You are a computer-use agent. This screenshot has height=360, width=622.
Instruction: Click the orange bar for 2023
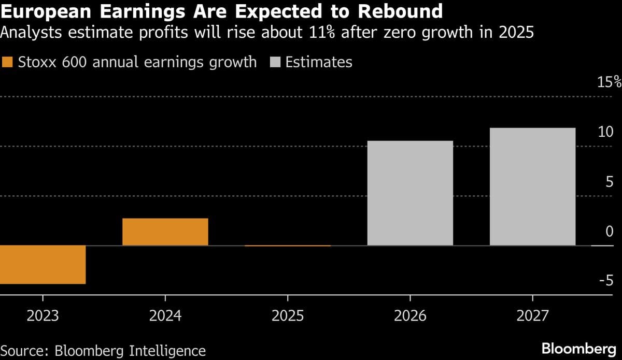[43, 264]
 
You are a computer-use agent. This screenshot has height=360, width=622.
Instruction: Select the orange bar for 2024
[165, 232]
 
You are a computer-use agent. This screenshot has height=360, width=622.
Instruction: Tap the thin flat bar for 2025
[287, 246]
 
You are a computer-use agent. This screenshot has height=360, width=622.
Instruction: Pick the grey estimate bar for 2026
[410, 193]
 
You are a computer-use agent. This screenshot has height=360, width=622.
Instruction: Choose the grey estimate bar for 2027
[532, 186]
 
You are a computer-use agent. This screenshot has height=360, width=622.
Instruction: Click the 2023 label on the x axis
[43, 315]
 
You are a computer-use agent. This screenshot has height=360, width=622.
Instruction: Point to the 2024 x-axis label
[165, 315]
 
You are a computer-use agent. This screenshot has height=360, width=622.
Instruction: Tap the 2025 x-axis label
[287, 315]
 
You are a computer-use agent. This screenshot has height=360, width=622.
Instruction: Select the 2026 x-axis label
[410, 315]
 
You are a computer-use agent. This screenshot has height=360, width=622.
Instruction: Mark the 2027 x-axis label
[532, 315]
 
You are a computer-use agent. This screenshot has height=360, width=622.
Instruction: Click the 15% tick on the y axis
[609, 82]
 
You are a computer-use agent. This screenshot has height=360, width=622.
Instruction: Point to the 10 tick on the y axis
[605, 132]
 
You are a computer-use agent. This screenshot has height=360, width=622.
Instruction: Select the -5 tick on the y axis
[605, 280]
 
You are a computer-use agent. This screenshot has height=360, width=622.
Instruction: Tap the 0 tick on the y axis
[610, 231]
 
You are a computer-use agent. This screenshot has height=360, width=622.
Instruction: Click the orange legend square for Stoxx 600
[7, 63]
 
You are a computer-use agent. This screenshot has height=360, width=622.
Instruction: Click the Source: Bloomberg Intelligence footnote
[103, 350]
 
